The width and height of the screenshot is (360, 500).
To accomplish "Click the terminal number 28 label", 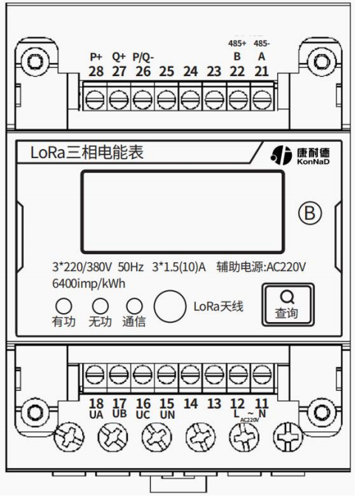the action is click(x=96, y=72).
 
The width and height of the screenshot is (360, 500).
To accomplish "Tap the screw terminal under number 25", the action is click(x=166, y=100).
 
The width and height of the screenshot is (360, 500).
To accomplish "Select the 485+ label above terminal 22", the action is click(x=237, y=44).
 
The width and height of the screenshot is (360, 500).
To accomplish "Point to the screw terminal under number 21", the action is click(x=262, y=100).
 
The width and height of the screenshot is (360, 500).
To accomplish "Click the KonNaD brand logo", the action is click(x=300, y=155).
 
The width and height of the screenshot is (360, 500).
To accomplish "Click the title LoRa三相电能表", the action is click(x=86, y=152).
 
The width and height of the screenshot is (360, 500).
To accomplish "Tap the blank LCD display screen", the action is click(x=183, y=212).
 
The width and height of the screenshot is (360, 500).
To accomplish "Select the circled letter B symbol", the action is click(x=310, y=213).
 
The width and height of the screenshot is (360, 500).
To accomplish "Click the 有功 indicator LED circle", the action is click(x=64, y=306).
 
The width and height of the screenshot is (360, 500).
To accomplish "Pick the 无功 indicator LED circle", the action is click(x=101, y=306).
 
